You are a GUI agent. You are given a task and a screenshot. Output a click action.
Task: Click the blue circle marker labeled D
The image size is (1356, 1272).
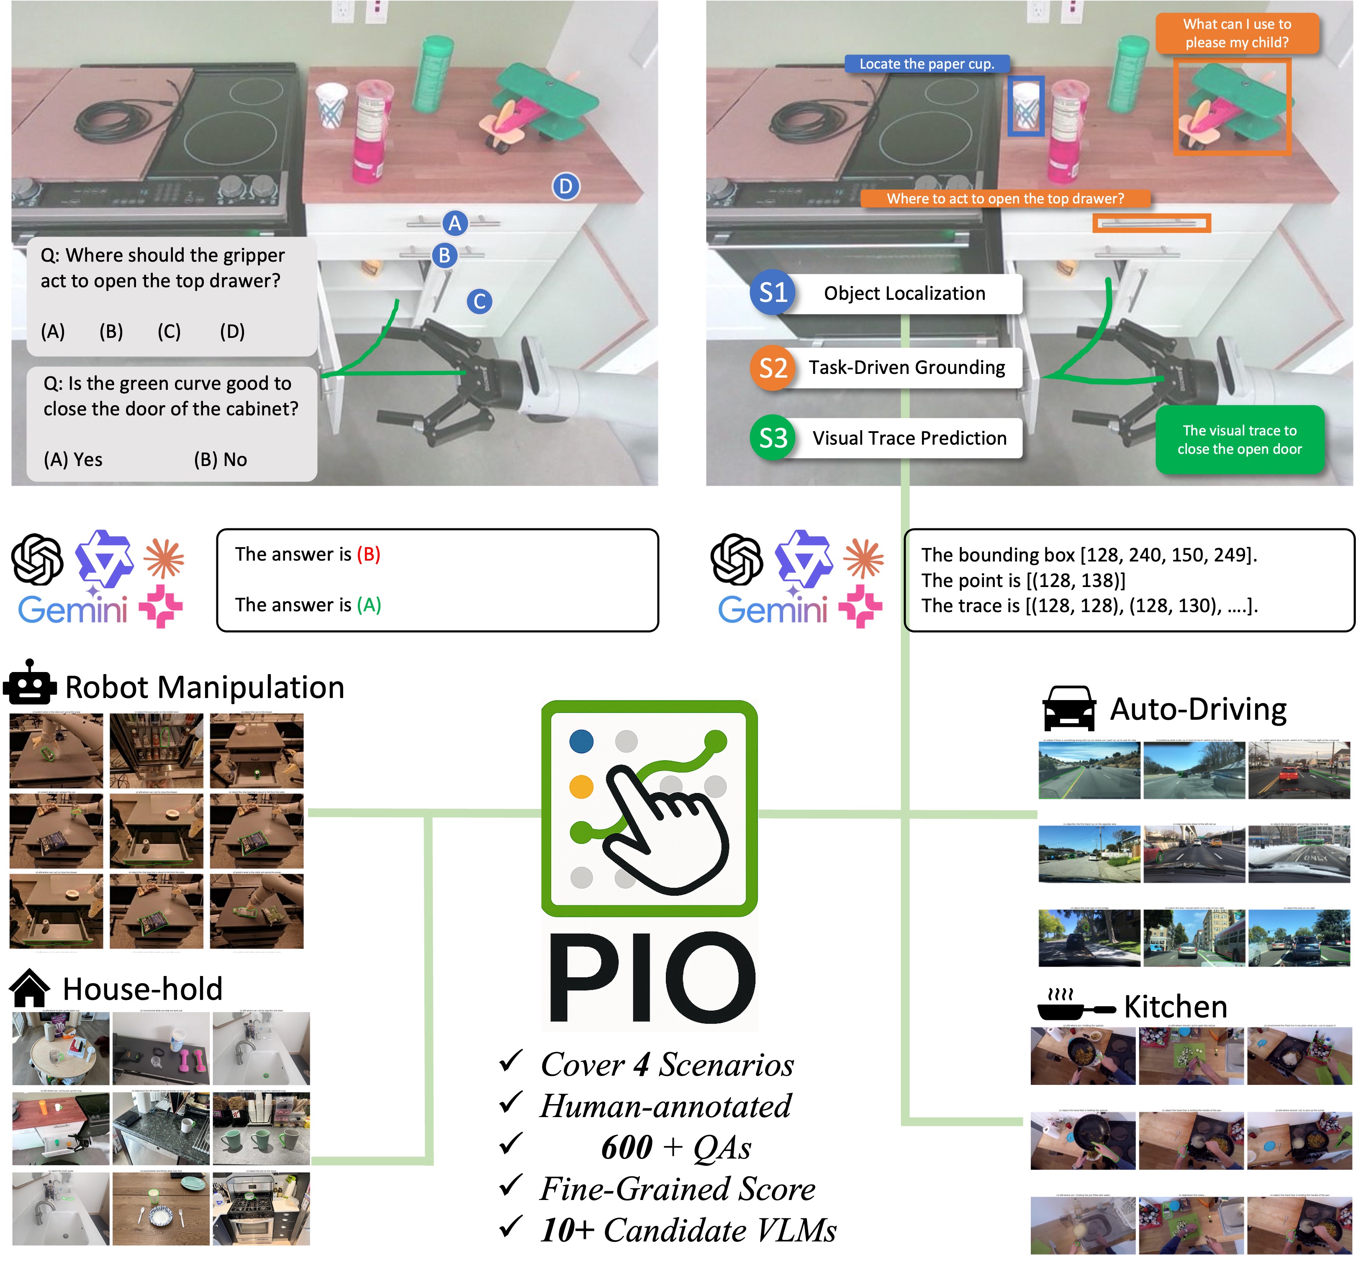coord(565,186)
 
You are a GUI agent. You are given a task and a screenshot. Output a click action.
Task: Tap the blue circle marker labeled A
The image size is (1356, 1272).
coord(455,223)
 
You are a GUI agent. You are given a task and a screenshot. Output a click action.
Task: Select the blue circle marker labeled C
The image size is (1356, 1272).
coord(480,301)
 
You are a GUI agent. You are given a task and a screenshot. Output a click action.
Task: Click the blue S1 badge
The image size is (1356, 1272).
coord(773,293)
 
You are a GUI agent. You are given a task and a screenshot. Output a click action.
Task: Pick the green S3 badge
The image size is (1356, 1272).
coord(773,438)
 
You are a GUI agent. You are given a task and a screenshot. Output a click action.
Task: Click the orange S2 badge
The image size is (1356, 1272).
coord(773,368)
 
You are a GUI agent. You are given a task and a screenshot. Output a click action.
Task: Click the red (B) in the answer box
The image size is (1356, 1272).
coord(368,554)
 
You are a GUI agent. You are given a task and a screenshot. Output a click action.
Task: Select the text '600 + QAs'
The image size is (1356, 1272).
coord(675,1147)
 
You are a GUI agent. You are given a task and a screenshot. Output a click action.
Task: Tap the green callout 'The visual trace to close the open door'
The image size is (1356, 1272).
coord(1239,440)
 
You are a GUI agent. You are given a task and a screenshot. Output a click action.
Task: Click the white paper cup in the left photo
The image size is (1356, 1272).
coord(331,104)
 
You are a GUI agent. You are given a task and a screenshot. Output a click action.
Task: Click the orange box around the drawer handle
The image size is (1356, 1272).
coord(1151,223)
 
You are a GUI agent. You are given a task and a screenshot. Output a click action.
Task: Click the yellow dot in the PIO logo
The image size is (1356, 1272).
coord(581,787)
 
